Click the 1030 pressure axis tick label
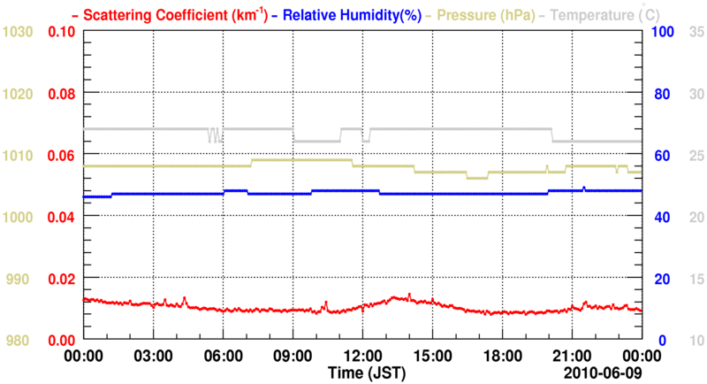(19, 32)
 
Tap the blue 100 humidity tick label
(665, 32)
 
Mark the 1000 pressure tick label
(19, 218)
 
